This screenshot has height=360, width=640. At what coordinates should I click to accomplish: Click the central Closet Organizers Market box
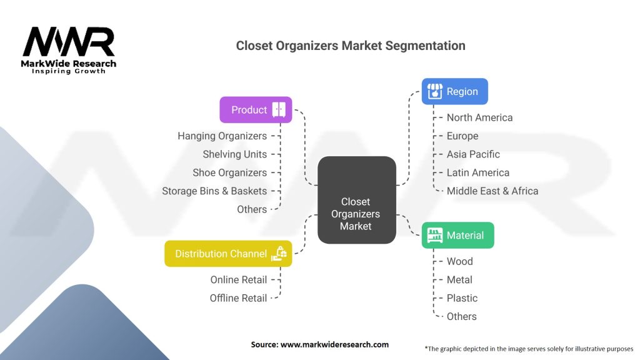click(356, 200)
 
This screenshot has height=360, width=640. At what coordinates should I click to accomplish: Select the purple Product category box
click(256, 110)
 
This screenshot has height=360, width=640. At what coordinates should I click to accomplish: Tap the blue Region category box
click(454, 92)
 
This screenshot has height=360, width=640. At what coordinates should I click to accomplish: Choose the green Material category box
click(457, 236)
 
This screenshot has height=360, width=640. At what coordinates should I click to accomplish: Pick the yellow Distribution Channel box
click(228, 254)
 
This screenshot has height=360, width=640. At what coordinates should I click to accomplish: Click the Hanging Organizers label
click(222, 136)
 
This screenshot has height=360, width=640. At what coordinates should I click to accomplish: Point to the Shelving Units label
click(234, 154)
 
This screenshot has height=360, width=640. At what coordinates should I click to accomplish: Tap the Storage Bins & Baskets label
click(214, 191)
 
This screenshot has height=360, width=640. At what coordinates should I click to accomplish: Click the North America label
click(479, 117)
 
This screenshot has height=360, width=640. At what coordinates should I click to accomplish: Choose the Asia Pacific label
click(473, 154)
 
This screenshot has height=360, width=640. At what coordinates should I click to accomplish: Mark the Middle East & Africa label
click(492, 191)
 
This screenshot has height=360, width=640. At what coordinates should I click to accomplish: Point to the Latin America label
click(477, 172)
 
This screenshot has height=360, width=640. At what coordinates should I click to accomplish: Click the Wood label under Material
click(459, 261)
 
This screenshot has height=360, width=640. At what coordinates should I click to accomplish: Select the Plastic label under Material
click(462, 298)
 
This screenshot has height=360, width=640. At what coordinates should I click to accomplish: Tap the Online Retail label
click(238, 279)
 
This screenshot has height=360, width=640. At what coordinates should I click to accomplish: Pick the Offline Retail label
click(238, 298)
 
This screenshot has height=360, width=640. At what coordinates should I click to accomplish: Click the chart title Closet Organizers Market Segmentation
click(350, 46)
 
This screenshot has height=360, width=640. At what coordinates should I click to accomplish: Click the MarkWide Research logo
click(69, 50)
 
